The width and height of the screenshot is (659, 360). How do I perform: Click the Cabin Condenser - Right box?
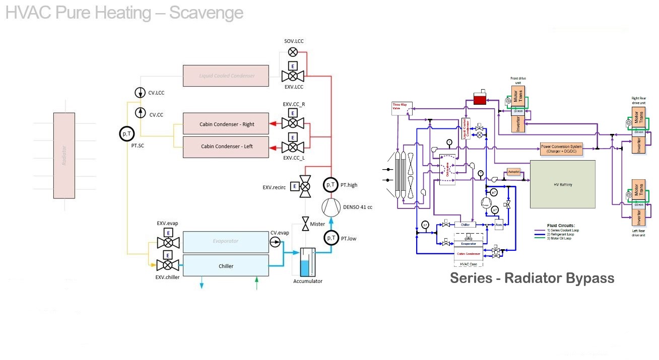coord(226,124)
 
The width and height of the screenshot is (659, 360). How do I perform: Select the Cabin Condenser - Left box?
coord(226,147)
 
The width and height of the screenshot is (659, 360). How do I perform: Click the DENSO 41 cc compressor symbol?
coord(331,207)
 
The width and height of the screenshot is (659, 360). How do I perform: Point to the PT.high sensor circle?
coord(331,185)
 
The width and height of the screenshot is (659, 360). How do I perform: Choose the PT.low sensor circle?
coord(331,238)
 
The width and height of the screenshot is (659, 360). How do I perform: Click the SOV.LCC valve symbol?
coord(293,52)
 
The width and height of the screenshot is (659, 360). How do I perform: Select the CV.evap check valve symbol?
coord(275,242)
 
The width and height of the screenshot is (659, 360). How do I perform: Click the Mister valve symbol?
coord(305,224)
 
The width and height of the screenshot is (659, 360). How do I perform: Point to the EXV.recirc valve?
coord(305,187)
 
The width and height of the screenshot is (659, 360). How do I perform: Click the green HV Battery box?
coord(562,184)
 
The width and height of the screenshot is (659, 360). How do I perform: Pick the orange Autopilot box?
coord(513,172)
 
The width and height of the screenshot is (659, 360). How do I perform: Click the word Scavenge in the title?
coord(206,13)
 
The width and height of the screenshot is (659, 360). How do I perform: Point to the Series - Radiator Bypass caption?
coord(532,278)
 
